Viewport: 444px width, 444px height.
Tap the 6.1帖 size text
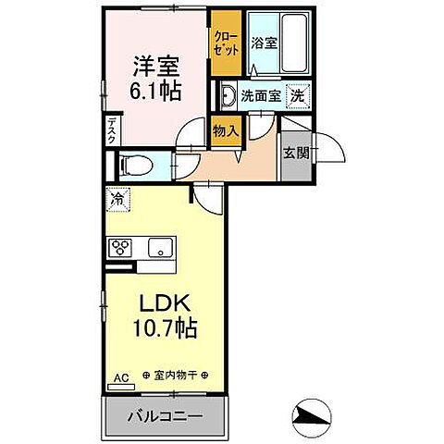[154, 92]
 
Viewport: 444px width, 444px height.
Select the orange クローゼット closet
[223, 44]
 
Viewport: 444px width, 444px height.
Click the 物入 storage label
[225, 130]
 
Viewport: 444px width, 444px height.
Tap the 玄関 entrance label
[295, 152]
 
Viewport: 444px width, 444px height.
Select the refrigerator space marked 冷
[117, 197]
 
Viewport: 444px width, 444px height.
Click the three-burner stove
[122, 247]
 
